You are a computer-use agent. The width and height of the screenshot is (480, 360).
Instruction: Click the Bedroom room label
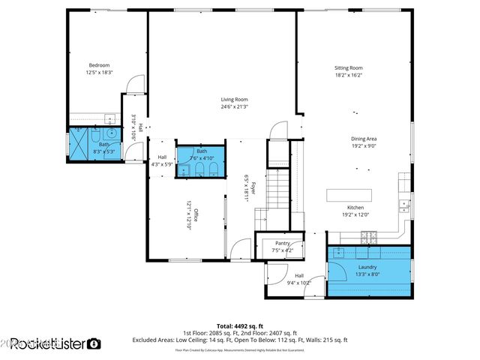[99, 65]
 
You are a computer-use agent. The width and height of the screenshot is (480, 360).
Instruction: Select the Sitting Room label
[348, 67]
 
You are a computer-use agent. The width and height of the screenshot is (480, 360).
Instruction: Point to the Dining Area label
[363, 139]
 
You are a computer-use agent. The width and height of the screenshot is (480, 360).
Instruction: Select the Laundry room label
[367, 266]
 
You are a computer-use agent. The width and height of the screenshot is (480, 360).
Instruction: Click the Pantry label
[282, 243]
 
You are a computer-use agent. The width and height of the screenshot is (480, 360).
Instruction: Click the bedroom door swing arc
[134, 84]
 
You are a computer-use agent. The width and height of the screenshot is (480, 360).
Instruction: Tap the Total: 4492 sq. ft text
[239, 326]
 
